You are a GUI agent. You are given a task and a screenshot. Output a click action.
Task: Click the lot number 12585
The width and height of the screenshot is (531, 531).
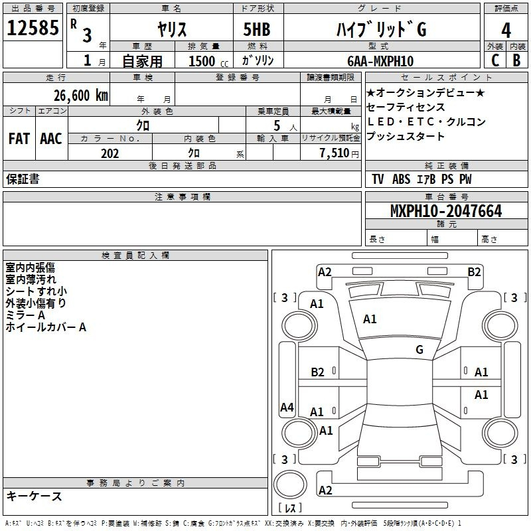click(x=33, y=28)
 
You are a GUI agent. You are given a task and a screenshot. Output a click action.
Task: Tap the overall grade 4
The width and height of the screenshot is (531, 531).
click(x=506, y=31)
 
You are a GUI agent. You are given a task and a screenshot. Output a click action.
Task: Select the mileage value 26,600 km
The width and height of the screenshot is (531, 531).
click(x=80, y=96)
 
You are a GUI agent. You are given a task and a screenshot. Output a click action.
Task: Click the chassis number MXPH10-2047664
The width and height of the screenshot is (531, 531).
click(x=446, y=211)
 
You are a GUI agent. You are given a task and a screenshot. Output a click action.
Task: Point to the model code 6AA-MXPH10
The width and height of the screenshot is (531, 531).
click(x=380, y=61)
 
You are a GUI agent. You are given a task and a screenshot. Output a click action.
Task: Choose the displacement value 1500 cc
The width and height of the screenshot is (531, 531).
click(x=208, y=61)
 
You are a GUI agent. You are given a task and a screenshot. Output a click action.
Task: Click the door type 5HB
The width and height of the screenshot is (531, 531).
click(x=257, y=29)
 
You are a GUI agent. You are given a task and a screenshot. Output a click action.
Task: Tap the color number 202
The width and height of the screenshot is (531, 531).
click(x=110, y=153)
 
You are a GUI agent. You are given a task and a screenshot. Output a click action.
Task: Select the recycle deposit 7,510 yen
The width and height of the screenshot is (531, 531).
click(x=339, y=153)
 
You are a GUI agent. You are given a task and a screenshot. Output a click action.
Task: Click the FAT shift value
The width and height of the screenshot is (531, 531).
click(x=19, y=139)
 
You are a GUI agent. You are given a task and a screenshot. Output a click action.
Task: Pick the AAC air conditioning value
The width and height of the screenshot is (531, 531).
click(x=51, y=139)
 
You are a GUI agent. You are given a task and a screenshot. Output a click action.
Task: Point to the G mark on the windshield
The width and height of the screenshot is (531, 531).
click(x=419, y=350)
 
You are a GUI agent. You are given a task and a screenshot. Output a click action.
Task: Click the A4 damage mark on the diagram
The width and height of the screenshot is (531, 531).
click(x=287, y=407)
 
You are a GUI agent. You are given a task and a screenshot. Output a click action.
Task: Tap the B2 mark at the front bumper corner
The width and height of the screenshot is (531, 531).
click(x=474, y=272)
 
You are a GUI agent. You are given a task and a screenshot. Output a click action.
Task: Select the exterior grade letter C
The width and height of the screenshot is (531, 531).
click(x=495, y=60)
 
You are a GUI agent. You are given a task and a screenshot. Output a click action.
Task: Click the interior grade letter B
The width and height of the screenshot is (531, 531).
click(x=516, y=60)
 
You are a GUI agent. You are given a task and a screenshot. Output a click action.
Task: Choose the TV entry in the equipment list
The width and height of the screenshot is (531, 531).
click(x=378, y=179)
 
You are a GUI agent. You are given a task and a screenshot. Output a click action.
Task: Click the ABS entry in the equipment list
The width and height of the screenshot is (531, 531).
click(x=401, y=179)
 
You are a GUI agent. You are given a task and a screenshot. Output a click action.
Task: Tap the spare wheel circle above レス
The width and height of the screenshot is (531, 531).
click(x=290, y=485)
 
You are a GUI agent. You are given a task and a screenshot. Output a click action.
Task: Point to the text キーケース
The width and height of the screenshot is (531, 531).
click(x=35, y=496)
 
